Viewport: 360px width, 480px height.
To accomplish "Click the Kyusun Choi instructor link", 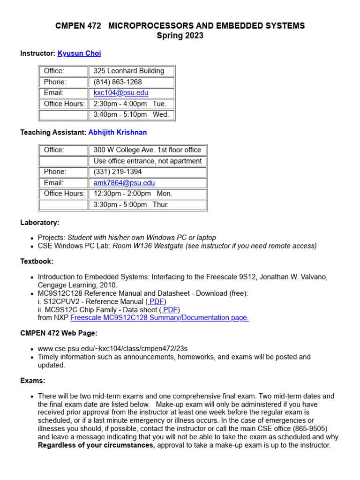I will pos(79,53).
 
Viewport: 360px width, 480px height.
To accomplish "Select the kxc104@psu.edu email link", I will pos(120,93).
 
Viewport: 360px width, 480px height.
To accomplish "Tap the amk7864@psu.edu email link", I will pos(124,183).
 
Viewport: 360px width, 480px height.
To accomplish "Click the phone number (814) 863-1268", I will pos(118,82).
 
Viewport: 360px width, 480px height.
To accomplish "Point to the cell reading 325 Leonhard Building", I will pos(129,71).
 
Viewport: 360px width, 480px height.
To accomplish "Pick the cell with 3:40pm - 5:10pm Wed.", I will pos(131,114).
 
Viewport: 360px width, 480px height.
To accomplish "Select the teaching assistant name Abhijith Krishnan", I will pos(117,133).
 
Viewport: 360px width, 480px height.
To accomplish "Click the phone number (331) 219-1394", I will pos(118,172).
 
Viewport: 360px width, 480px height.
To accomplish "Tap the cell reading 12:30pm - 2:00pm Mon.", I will pos(133,194).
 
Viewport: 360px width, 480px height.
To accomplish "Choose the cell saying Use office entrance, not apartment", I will pos(147,161).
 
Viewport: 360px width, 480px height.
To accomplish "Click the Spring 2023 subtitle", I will pos(180,36).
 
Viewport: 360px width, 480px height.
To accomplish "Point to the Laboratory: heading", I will pos(40,223).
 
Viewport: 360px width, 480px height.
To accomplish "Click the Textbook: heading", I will pos(37,262).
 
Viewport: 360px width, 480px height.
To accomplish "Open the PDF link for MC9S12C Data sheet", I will pos(169,310).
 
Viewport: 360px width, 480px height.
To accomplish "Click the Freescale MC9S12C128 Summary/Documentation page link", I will pos(159,318).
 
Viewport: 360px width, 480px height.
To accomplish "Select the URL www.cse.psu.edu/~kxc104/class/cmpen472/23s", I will pos(112,349).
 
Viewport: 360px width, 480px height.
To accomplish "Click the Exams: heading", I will pos(33,381).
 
